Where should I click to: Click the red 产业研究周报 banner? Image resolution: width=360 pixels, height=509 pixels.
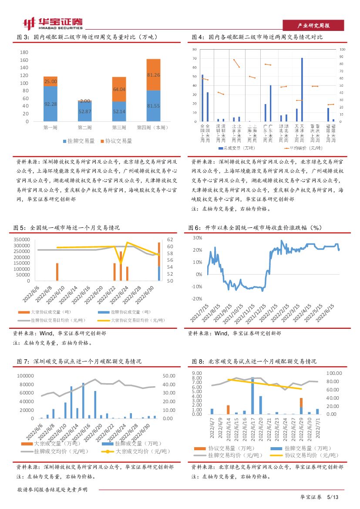tap(313, 26)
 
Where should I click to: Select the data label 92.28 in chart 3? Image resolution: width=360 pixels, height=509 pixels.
tap(50, 104)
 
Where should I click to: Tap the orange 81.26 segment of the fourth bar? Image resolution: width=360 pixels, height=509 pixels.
tap(153, 74)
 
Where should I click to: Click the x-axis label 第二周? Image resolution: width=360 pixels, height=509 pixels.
tap(84, 128)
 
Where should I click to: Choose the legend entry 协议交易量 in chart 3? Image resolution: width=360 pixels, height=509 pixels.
tap(116, 141)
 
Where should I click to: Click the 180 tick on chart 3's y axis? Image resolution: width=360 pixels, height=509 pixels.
tap(24, 52)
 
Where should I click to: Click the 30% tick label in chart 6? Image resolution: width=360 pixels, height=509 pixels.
tap(198, 238)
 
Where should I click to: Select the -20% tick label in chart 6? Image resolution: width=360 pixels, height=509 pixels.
tap(197, 299)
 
